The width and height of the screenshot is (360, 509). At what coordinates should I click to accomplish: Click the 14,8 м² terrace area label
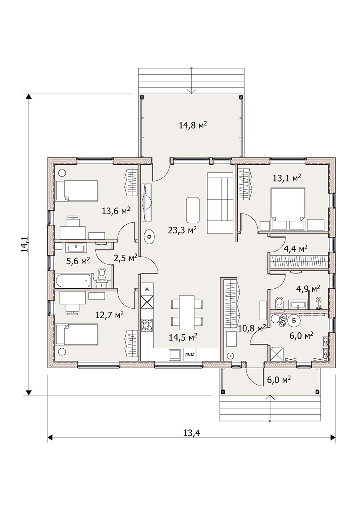click(x=193, y=125)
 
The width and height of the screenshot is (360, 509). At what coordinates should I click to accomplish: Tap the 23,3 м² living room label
click(x=182, y=230)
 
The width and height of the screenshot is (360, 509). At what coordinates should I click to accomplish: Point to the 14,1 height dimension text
click(x=24, y=244)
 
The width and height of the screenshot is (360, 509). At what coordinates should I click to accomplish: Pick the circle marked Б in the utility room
click(x=294, y=321)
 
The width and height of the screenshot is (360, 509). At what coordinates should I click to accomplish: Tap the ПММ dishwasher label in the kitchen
click(x=190, y=355)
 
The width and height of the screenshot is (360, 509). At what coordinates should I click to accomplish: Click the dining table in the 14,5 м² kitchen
click(x=186, y=312)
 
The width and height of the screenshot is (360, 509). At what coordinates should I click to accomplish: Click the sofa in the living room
click(x=220, y=203)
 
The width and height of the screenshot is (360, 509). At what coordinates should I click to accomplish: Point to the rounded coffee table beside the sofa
click(x=193, y=210)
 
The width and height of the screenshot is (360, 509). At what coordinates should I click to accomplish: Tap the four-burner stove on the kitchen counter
click(x=147, y=326)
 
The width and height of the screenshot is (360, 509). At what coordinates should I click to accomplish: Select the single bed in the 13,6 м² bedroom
click(x=77, y=190)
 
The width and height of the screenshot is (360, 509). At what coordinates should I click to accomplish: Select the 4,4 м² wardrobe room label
click(x=296, y=249)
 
